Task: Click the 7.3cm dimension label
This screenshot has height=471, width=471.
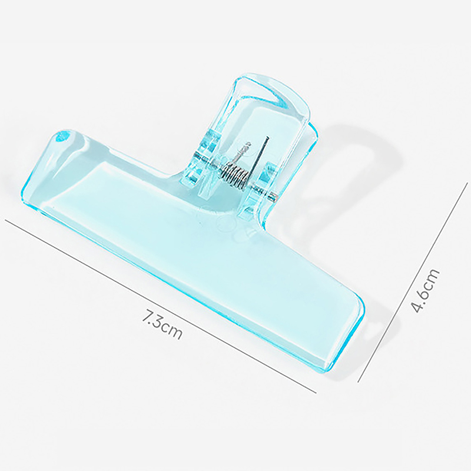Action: click(x=162, y=326)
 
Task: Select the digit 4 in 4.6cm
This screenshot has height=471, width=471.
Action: click(x=418, y=307)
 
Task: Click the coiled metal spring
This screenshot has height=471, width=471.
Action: click(x=236, y=175)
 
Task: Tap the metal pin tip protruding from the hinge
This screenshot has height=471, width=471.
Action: click(x=273, y=197)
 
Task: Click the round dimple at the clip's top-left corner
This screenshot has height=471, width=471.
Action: click(x=62, y=137)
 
